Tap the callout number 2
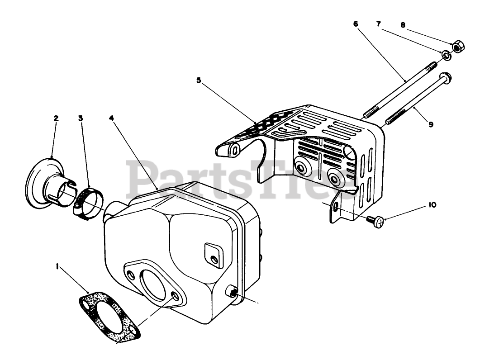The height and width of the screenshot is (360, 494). (56, 118)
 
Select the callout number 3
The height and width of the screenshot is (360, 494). (80, 118)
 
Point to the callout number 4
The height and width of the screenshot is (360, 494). (111, 118)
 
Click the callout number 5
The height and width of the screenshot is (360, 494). (199, 81)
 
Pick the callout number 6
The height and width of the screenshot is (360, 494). (356, 23)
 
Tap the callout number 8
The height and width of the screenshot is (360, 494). (403, 26)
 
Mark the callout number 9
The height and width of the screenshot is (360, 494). (431, 124)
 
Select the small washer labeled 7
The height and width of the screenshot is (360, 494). (446, 55)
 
